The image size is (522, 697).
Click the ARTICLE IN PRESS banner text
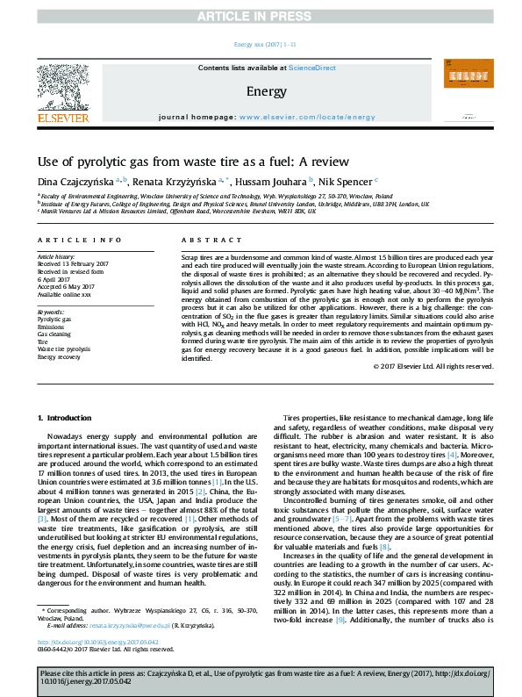click(x=260, y=16)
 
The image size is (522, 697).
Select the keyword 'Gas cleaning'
click(x=54, y=334)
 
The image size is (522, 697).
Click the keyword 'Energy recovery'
click(x=59, y=358)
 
